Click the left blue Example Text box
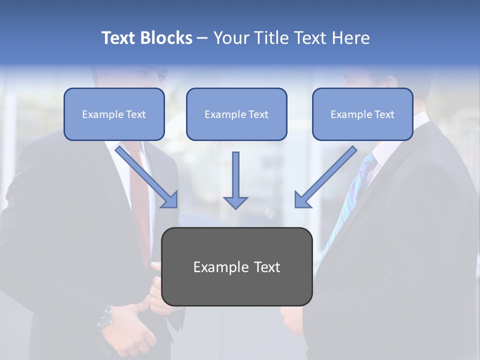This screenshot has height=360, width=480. [x=114, y=114]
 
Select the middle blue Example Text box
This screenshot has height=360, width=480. [x=236, y=114]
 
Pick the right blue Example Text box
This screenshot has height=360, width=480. [x=362, y=114]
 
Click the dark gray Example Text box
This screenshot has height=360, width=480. [x=236, y=266]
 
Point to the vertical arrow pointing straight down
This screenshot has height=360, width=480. [x=235, y=180]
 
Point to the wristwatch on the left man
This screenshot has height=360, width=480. [x=105, y=317]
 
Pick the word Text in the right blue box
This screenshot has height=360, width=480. [x=384, y=114]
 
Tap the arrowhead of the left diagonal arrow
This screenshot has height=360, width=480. [x=170, y=200]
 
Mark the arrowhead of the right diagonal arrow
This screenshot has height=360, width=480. [x=302, y=200]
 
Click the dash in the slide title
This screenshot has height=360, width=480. [x=202, y=38]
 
